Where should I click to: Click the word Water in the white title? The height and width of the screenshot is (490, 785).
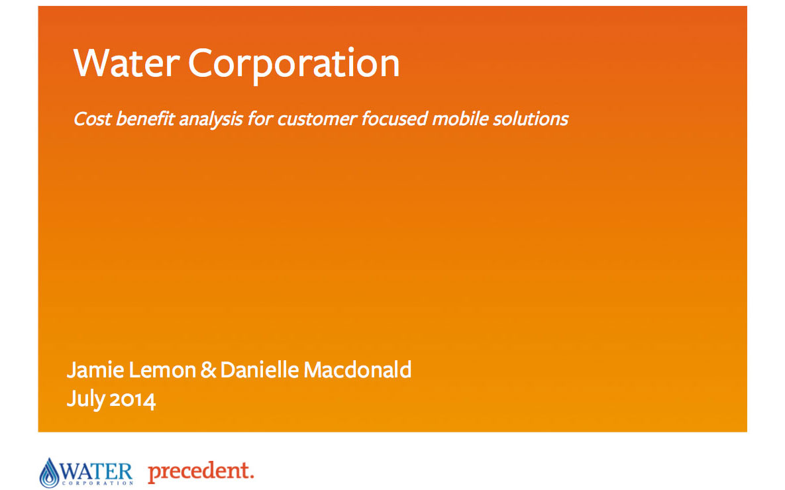tap(127, 64)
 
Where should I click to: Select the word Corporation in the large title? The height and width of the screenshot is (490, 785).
tap(294, 65)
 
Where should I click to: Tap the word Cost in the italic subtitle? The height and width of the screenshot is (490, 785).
tap(92, 119)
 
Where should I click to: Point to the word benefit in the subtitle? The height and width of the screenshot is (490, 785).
tap(145, 119)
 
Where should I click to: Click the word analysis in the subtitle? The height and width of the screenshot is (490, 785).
tap(211, 120)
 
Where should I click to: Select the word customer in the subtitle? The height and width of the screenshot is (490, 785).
tap(317, 119)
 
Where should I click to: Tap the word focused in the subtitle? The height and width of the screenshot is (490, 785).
tap(395, 119)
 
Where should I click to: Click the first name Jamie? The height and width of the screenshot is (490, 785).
tap(95, 370)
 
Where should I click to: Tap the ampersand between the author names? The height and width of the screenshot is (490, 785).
tap(208, 370)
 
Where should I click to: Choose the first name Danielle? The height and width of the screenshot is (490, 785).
tap(259, 370)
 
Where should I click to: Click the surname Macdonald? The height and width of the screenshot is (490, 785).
tap(358, 370)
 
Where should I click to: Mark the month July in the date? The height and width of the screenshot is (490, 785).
tap(85, 400)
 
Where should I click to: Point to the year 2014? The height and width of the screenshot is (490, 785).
tap(132, 401)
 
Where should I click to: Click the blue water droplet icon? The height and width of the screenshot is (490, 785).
tap(49, 473)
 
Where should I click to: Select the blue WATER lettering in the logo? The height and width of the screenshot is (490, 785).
tap(96, 471)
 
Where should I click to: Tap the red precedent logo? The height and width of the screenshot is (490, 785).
tap(201, 471)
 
